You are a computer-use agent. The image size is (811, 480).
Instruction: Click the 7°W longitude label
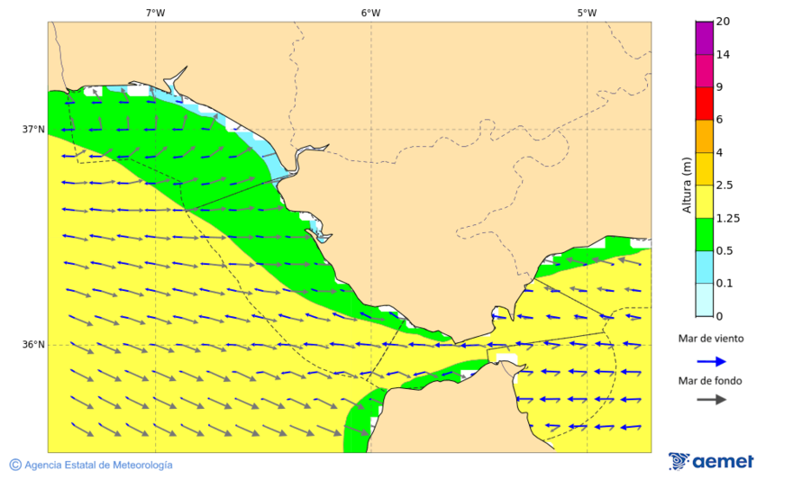coord(155,13)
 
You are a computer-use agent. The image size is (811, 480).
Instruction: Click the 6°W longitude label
coord(370,13)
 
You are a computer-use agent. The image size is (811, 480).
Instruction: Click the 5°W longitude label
coord(587,13)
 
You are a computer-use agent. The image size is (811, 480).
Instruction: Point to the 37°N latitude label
coord(33,129)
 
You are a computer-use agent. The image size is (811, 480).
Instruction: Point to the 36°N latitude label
coord(33,344)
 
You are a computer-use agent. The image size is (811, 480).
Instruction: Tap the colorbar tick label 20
coord(723,22)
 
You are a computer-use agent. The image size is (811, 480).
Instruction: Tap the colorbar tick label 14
coord(723,54)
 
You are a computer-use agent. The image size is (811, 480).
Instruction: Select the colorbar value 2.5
coord(724,185)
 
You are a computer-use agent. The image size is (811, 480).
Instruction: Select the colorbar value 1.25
coord(727,218)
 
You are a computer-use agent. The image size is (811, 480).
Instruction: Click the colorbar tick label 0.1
coord(724,283)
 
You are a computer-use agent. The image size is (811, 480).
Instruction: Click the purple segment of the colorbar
coord(704,38)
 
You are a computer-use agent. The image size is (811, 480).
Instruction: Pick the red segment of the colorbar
coord(704,103)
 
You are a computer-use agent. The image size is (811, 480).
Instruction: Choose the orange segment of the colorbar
coord(704,135)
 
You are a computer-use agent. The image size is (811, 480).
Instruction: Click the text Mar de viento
coord(711,339)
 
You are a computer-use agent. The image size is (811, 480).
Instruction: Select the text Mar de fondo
coord(711,381)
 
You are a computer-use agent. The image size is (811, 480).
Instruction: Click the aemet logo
coord(711,461)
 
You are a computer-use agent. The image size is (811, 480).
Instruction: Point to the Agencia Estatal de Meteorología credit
coord(91,465)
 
